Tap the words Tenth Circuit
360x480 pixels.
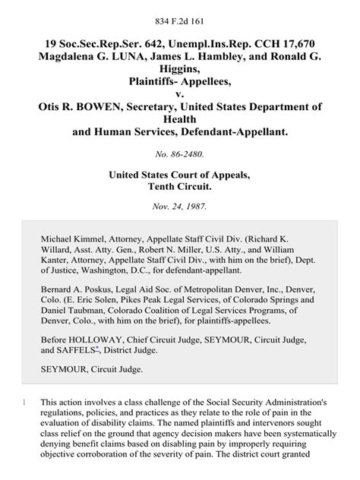180,194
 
